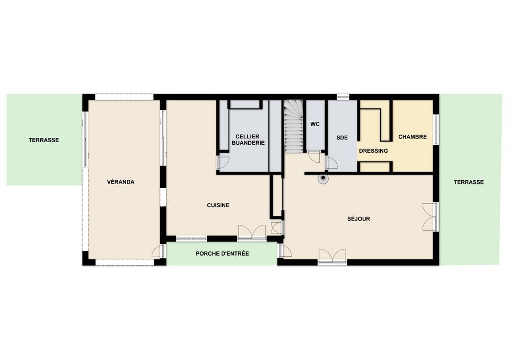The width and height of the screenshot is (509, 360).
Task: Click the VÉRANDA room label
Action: (120, 182)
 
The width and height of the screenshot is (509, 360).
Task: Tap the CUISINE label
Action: (218, 205)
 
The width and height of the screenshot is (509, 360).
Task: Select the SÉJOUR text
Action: (358, 219)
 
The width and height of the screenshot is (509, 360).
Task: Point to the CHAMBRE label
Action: (413, 137)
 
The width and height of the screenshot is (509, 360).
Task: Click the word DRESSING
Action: (373, 151)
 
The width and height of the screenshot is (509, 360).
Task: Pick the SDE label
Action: (342, 138)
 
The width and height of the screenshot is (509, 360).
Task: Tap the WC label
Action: (315, 124)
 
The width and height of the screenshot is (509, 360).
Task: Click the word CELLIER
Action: (248, 137)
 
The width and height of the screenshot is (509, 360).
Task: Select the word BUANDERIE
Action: (248, 143)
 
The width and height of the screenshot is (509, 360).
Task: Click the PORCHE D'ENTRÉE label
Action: (222, 253)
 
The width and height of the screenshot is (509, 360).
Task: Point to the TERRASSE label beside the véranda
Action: (44, 140)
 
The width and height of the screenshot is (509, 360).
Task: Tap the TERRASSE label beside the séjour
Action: (468, 182)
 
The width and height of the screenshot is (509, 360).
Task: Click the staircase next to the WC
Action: (294, 126)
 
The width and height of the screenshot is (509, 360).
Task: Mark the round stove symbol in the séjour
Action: (323, 178)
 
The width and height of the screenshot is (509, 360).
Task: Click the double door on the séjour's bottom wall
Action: (332, 256)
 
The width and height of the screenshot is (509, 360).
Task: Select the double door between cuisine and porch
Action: (252, 232)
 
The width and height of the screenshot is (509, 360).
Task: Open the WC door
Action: (314, 156)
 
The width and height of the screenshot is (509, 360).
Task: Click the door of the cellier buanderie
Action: (223, 162)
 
